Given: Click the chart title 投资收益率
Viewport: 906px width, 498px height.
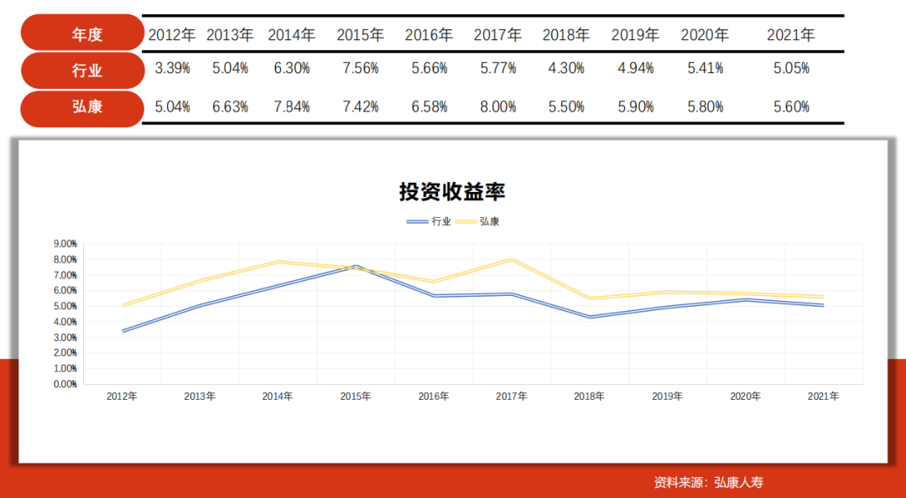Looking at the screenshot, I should tap(452, 192).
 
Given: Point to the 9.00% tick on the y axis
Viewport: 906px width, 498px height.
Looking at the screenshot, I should tap(65, 244).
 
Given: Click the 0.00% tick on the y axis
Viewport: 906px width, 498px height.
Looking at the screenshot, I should tap(65, 384).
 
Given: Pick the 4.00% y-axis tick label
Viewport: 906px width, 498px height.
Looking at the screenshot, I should tap(65, 322).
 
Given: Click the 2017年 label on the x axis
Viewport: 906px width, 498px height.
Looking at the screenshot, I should tap(512, 397).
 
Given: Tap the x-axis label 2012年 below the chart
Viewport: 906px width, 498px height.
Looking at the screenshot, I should tap(122, 397).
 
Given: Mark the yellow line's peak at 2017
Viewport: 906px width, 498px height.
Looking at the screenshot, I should tap(512, 259).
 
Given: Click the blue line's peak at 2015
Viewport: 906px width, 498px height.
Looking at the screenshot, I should tap(356, 266).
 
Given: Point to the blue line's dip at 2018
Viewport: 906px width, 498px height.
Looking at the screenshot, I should tap(590, 317).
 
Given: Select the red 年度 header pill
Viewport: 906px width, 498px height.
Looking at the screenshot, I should tap(83, 34).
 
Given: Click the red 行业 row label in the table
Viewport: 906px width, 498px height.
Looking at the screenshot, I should tap(83, 70).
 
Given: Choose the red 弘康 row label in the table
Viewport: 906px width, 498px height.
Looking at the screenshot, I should tap(83, 107).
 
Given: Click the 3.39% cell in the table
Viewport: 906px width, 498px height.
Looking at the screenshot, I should tap(173, 69).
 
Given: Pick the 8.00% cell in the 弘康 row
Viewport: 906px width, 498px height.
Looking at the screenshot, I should tap(498, 107).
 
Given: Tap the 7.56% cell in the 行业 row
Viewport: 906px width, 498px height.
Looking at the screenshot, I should tap(361, 69).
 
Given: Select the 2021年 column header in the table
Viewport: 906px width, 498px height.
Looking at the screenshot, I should tap(791, 35).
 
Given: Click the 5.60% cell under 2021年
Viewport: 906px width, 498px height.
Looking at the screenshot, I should tap(791, 107).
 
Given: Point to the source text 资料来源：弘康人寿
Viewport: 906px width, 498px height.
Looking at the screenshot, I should tap(709, 482).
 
